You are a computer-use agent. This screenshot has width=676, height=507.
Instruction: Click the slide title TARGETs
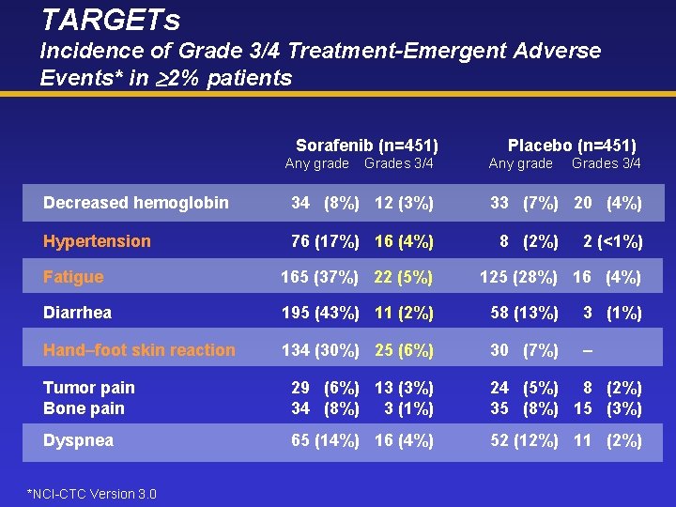[111, 19]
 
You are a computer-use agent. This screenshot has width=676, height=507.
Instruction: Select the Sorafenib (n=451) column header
[367, 145]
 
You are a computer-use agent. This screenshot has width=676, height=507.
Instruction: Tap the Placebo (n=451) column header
[572, 145]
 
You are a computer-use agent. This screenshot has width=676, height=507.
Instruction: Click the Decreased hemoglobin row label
[136, 203]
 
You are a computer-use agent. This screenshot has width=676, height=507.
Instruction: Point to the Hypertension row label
[97, 241]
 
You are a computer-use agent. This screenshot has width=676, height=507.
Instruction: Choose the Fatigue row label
[73, 277]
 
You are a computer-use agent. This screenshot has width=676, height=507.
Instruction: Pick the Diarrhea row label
[77, 313]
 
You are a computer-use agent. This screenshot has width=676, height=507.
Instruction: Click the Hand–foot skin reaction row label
[139, 350]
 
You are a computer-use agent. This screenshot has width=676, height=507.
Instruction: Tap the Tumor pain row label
[89, 388]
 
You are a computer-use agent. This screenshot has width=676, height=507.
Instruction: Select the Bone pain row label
[84, 408]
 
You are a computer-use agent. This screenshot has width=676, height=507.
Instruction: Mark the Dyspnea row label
[78, 440]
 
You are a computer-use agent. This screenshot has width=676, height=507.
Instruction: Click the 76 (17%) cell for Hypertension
[325, 241]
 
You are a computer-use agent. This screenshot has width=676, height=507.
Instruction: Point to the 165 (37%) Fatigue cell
[320, 277]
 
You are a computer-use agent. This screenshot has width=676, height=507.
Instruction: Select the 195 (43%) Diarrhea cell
[320, 313]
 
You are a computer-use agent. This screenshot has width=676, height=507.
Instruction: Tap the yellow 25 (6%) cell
[404, 350]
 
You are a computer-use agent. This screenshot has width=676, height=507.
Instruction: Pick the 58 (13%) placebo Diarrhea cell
[524, 313]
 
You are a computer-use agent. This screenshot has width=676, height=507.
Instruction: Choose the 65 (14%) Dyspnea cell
[325, 440]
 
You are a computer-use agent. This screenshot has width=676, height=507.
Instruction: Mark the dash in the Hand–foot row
[588, 350]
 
